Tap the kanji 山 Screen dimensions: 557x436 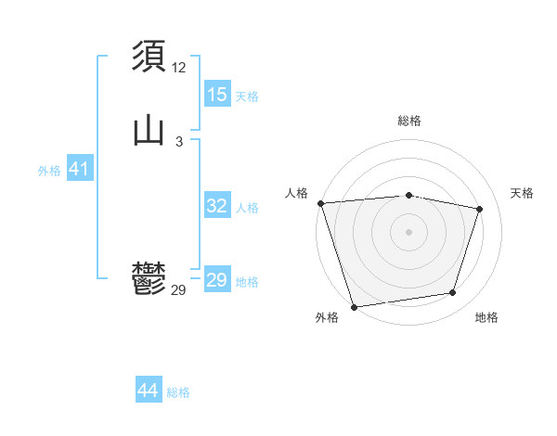pyautogui.click(x=149, y=131)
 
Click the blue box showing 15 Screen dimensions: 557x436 pyautogui.click(x=217, y=95)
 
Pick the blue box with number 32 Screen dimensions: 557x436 pyautogui.click(x=217, y=207)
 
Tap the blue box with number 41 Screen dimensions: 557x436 pyautogui.click(x=79, y=170)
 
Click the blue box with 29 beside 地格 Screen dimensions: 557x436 pyautogui.click(x=217, y=280)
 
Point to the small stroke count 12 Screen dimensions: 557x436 pyautogui.click(x=179, y=68)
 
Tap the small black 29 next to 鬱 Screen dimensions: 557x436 pyautogui.click(x=179, y=290)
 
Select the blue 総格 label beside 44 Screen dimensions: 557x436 pyautogui.click(x=178, y=392)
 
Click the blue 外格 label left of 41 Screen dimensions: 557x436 pyautogui.click(x=49, y=171)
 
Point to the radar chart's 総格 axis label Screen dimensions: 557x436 pyautogui.click(x=409, y=121)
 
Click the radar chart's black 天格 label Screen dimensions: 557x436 pyautogui.click(x=523, y=193)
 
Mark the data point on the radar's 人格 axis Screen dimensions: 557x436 pyautogui.click(x=320, y=203)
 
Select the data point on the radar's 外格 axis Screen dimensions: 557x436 pyautogui.click(x=354, y=306)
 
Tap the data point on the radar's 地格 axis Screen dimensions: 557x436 pyautogui.click(x=453, y=293)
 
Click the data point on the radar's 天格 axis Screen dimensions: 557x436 pyautogui.click(x=480, y=209)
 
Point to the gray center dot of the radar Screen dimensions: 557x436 pyautogui.click(x=409, y=232)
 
